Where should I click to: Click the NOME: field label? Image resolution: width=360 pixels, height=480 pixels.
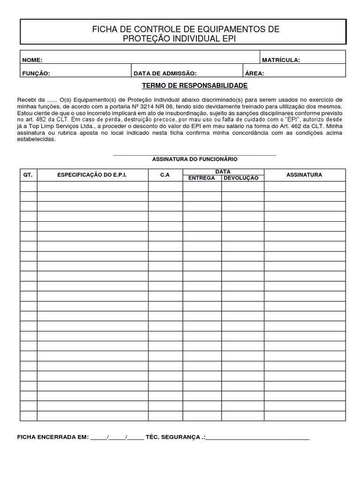click(32, 60)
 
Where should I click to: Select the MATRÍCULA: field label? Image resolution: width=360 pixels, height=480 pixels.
click(281, 60)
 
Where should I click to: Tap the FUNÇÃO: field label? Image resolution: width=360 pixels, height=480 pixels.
click(36, 73)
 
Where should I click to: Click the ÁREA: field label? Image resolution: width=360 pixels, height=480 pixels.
click(255, 73)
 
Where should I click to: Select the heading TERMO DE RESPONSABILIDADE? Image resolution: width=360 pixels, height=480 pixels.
click(195, 86)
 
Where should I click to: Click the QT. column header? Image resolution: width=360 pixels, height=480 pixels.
click(28, 175)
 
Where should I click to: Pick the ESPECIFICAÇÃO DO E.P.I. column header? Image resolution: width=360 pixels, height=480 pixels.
click(92, 175)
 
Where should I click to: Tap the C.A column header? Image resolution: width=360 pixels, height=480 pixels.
click(165, 175)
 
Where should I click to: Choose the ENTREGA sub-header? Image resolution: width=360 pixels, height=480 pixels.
click(202, 178)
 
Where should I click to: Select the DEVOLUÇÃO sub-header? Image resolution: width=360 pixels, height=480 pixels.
click(242, 178)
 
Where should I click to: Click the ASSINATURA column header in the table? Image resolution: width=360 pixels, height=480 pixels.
click(304, 175)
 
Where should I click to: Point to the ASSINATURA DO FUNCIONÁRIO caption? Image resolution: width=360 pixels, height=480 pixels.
click(195, 159)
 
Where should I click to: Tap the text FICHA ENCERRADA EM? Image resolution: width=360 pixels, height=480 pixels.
click(52, 437)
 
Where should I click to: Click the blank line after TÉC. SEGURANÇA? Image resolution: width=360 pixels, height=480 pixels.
click(258, 439)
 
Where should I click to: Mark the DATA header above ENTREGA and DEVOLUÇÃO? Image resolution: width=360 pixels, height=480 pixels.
click(223, 172)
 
